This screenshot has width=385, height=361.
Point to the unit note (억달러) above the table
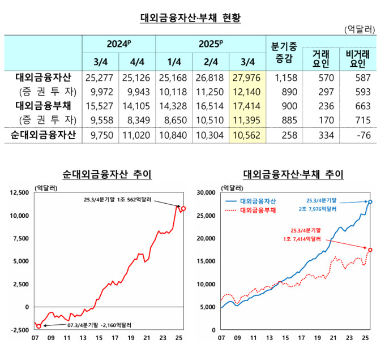click(x=359, y=29)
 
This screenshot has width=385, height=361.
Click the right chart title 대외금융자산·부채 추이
click(x=293, y=174)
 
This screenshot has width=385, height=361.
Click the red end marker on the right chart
click(x=370, y=250)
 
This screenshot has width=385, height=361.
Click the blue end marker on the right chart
click(x=370, y=202)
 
